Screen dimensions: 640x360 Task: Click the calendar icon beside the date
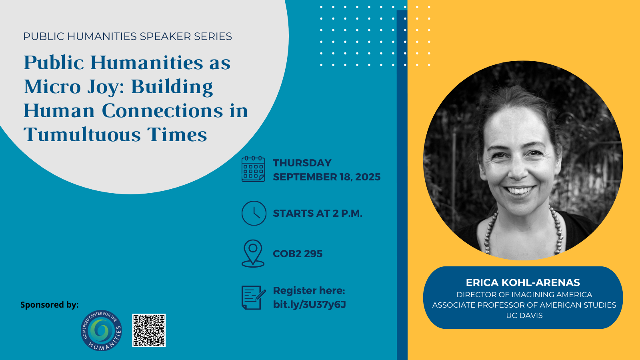253,169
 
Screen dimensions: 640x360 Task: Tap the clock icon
254,213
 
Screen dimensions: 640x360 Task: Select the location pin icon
253,254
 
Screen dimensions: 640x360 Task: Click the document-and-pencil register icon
254,298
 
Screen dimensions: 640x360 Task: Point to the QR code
149,330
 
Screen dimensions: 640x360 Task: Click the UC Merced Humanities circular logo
102,330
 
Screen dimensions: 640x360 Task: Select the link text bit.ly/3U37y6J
310,304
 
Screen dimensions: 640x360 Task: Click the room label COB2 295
298,254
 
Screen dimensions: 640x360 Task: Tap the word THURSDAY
302,163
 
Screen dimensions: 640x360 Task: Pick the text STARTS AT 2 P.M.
318,214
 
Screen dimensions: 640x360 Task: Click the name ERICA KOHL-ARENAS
523,282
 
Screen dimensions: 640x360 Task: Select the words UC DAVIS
524,316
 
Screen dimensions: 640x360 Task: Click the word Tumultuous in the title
82,134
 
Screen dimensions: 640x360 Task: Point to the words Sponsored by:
50,305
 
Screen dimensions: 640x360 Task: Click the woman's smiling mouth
520,190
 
